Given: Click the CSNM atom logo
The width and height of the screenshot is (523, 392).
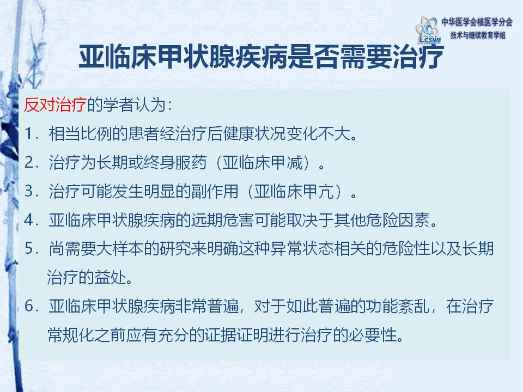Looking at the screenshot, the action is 428,30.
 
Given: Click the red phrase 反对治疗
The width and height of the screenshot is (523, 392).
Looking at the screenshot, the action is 56,105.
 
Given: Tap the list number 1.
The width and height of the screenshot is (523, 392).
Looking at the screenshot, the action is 31,134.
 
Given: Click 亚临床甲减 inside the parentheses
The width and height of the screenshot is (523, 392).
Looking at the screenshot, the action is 263,163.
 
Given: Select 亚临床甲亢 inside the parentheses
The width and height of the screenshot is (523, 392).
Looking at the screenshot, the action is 294,191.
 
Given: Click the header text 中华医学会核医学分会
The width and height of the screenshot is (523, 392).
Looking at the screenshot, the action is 477,22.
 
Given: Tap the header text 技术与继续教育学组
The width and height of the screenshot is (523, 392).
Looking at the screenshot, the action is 478,35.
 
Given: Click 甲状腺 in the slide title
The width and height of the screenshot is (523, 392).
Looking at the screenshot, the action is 209,56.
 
